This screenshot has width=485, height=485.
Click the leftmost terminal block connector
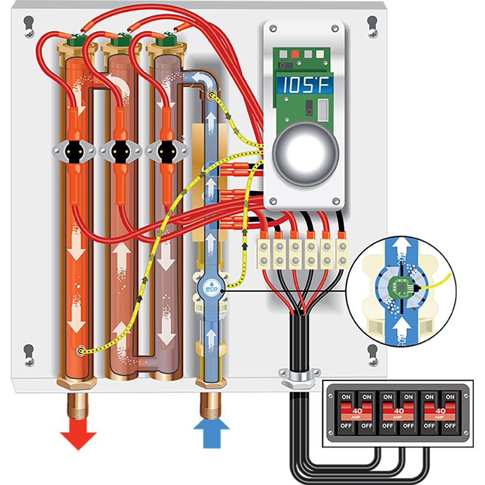tap(265, 252)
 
